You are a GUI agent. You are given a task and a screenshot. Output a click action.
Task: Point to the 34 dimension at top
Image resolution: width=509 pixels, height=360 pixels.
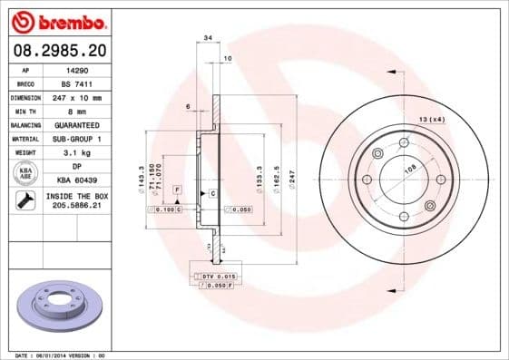tap(208, 38)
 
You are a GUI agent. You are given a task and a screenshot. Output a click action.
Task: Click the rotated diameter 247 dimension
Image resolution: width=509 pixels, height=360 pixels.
tap(291, 178)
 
